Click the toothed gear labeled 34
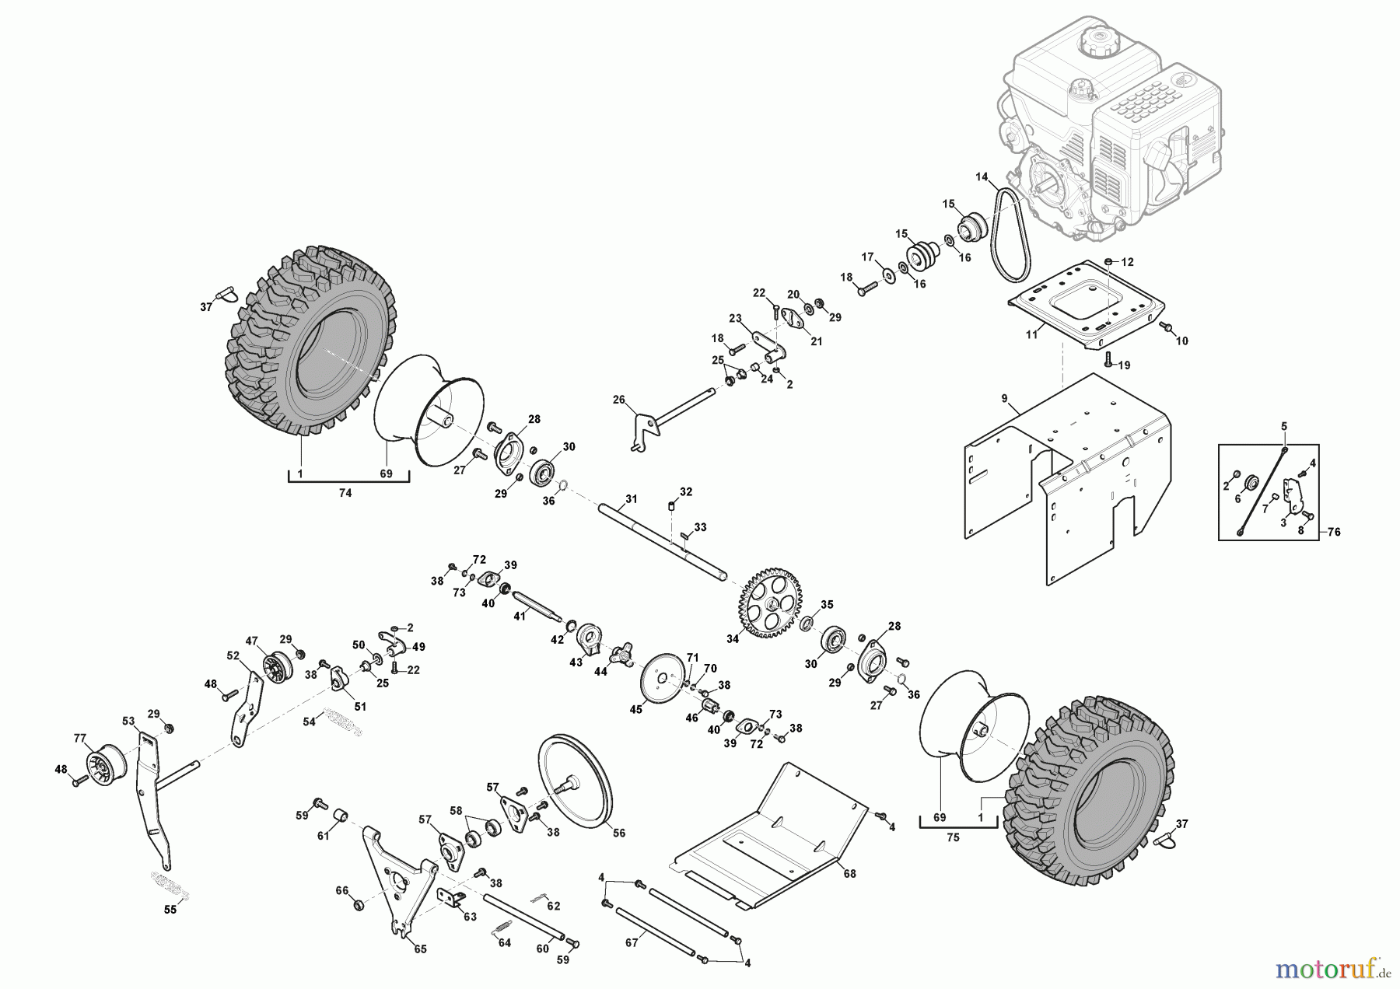[x=770, y=603]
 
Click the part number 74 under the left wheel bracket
[x=345, y=493]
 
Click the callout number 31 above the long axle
[x=631, y=498]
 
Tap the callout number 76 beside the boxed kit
[x=1334, y=533]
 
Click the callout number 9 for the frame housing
[x=1004, y=398]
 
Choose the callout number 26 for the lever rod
[x=619, y=400]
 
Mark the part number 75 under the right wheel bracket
[x=953, y=837]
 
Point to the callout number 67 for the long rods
[x=632, y=942]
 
